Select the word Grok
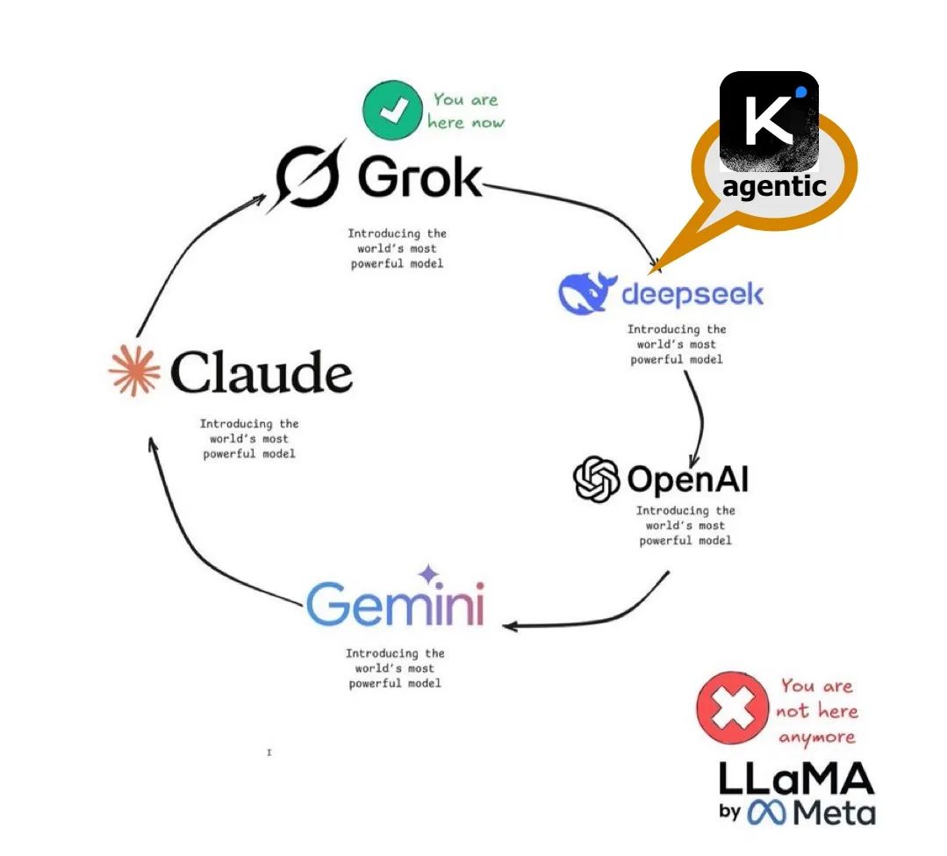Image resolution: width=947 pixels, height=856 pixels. [x=420, y=177]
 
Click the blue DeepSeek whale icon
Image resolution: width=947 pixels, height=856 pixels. [x=585, y=292]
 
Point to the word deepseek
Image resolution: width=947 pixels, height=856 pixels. [x=692, y=293]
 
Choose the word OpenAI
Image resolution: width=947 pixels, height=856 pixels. [x=687, y=480]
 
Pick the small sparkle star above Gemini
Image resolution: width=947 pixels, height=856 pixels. [x=428, y=575]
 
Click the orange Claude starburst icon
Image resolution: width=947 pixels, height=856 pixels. [x=134, y=371]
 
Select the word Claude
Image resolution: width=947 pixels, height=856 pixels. [x=261, y=372]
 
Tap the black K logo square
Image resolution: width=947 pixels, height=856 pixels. [x=769, y=120]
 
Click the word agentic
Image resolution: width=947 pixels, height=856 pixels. [x=774, y=186]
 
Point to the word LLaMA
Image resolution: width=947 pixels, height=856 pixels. [x=796, y=779]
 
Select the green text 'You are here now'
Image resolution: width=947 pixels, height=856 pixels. [x=465, y=111]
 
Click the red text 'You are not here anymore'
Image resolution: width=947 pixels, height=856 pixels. [x=816, y=711]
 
